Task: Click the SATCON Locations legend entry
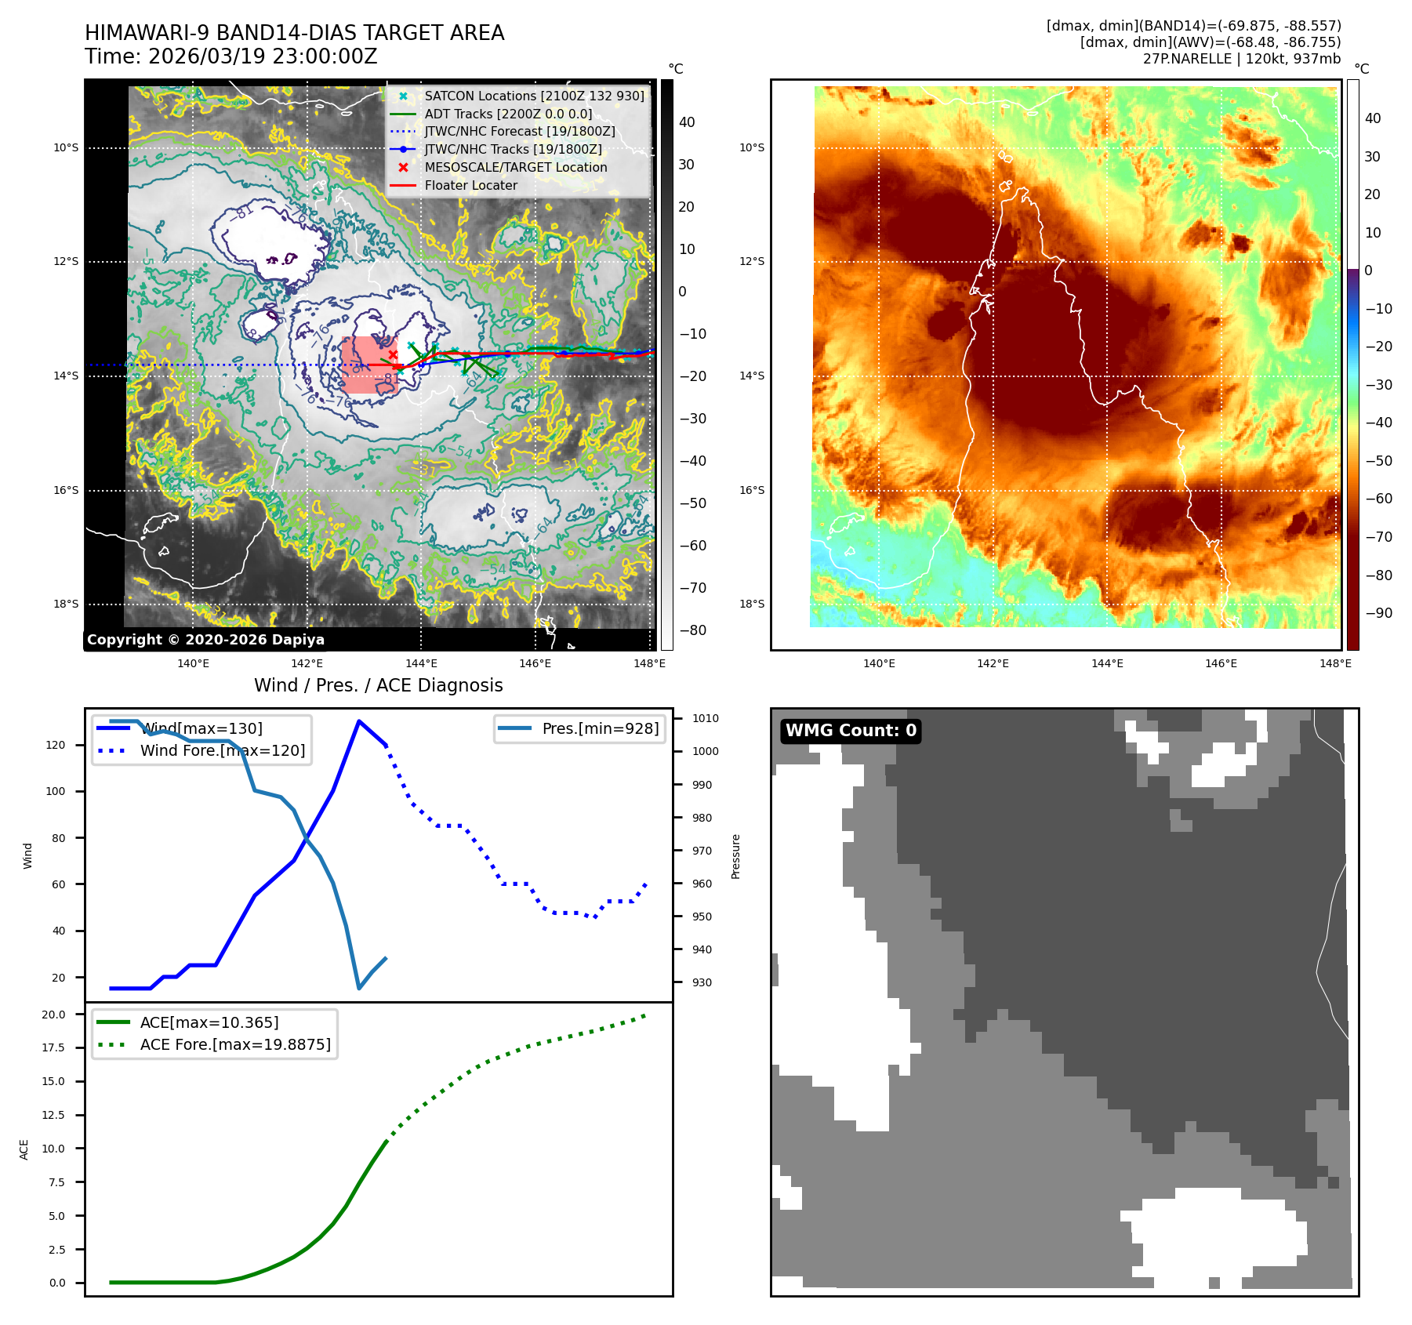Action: coord(534,96)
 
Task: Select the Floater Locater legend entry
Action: coord(470,185)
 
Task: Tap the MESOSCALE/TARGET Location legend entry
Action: coord(515,167)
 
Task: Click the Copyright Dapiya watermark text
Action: coord(205,639)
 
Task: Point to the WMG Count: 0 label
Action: coord(851,731)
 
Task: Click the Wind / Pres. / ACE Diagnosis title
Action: coord(378,685)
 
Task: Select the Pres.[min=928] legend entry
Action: coord(600,728)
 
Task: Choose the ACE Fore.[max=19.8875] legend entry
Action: coord(235,1044)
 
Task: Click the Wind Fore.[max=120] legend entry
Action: coord(222,750)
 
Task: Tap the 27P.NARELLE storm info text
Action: coord(1241,59)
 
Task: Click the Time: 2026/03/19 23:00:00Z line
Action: coord(231,56)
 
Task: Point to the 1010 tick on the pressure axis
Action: coord(705,718)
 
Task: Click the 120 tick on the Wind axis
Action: coord(56,745)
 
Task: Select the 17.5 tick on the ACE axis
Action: coord(53,1047)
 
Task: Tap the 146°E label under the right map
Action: coord(1221,663)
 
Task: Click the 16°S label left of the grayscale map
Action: coord(66,490)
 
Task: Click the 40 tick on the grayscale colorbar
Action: coord(687,122)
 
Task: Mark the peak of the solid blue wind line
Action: coord(359,721)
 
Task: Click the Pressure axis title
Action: coord(735,856)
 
